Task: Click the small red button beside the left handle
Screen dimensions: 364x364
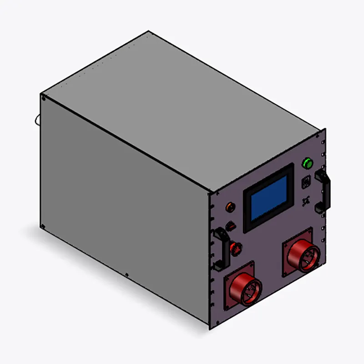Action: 236,248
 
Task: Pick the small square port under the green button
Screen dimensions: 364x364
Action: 306,182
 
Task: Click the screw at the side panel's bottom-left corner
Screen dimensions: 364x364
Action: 43,226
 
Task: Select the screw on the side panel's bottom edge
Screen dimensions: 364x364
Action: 126,274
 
